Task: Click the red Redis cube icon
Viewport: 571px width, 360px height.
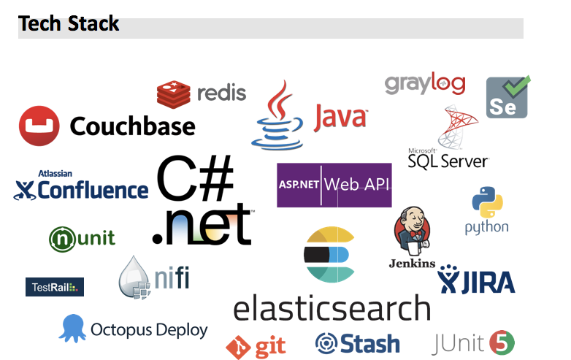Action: [173, 94]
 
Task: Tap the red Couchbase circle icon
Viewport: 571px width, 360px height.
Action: [39, 126]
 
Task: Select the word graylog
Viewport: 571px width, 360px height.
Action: [424, 83]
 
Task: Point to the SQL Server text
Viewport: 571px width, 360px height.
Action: [449, 158]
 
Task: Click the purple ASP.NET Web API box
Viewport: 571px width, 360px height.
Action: [334, 185]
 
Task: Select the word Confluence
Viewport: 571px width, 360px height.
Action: [92, 191]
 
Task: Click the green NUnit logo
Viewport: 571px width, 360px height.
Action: [63, 238]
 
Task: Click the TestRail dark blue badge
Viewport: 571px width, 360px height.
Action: [55, 287]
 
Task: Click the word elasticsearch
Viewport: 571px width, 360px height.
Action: [332, 308]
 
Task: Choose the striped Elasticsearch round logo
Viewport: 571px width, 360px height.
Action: [329, 255]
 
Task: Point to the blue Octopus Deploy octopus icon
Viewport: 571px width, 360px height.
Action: [72, 328]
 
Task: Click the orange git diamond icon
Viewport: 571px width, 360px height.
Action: [238, 347]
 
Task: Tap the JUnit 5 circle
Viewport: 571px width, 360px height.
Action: [502, 342]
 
